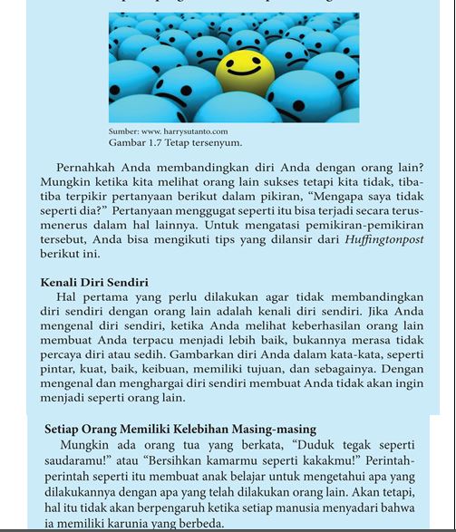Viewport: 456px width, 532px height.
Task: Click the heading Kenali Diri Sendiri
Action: click(94, 283)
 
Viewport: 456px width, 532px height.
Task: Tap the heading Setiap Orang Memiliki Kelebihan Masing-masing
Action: click(180, 429)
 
